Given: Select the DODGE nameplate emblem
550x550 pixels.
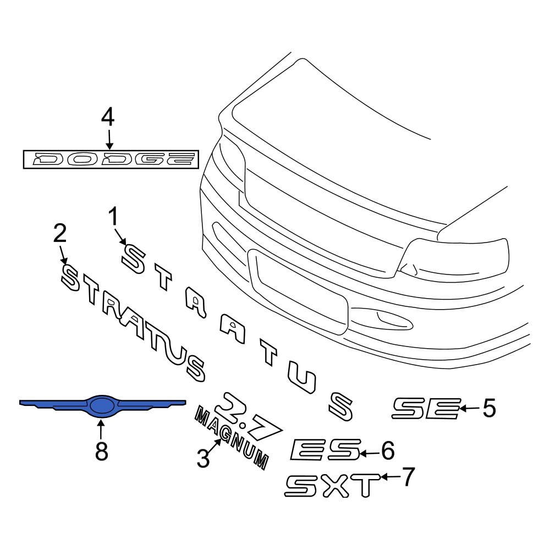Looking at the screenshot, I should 109,159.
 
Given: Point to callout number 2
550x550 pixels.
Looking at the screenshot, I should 59,233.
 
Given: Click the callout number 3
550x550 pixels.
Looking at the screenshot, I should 204,458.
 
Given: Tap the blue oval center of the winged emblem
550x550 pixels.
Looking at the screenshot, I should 101,406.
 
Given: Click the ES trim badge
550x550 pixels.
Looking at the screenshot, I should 324,449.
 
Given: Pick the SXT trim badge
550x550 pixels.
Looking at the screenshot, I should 332,485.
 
